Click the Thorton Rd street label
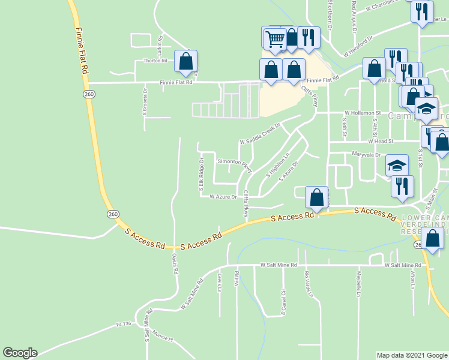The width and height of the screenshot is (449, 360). coord(155,61)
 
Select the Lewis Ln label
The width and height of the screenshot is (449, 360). coord(220,281)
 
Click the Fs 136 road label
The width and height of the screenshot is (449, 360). coord(124,324)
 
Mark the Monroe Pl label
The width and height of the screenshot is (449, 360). coord(162,335)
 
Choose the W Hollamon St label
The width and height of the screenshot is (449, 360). coord(363,113)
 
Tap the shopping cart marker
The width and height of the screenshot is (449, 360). coord(275,39)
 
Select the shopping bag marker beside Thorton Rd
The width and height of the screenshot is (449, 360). coord(186,62)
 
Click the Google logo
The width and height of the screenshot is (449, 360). coord(20,353)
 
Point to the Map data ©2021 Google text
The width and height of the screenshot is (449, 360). coord(412,355)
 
